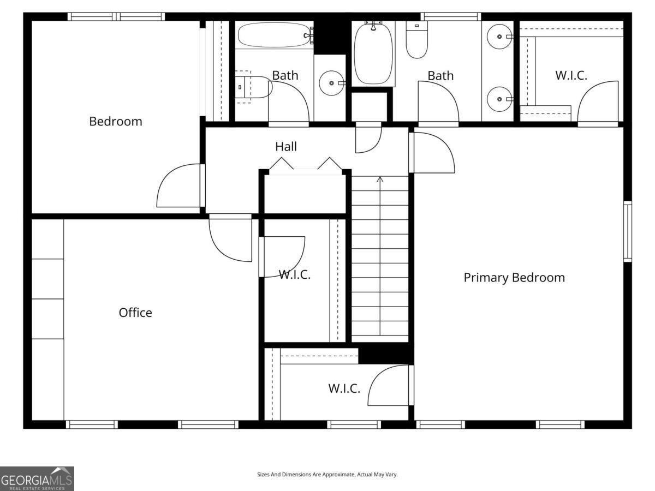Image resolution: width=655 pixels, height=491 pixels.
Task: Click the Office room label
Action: point(135,313)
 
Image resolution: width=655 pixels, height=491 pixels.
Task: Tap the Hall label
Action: point(286,146)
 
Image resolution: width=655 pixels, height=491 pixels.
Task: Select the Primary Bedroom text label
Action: point(514,277)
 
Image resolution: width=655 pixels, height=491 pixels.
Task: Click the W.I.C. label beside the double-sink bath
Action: point(571,76)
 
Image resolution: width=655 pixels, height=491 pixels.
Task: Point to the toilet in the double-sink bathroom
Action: point(417,41)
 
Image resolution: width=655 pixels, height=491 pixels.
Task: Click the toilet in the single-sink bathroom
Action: point(254,87)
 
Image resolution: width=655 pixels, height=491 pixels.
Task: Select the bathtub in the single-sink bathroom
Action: point(273,35)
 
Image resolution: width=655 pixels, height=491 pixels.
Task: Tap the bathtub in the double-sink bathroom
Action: point(373,53)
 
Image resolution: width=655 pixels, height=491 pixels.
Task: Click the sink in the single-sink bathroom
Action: point(331,83)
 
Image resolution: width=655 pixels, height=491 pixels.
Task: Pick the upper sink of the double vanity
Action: point(499,37)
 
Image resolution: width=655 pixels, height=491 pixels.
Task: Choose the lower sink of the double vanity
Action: point(499,99)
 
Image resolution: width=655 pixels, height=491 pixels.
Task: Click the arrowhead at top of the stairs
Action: point(380,179)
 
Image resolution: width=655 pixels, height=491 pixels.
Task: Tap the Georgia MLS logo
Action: point(37,478)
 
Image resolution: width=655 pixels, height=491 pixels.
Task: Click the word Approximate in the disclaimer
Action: point(337,475)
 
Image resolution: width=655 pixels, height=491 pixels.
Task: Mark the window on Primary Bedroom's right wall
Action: point(628,231)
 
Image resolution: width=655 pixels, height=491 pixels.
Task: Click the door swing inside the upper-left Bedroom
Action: point(179,187)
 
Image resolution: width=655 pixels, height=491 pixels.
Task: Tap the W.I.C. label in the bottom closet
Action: point(344,388)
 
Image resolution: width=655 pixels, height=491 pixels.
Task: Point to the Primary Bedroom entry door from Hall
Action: point(433,153)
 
